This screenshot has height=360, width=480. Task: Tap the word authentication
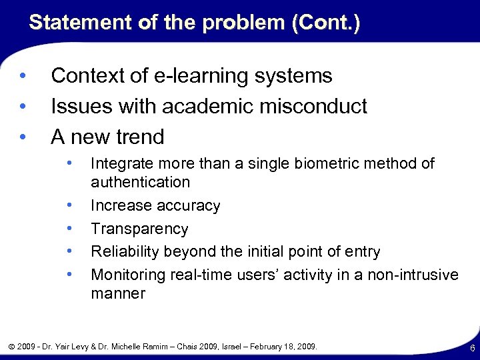tap(140, 182)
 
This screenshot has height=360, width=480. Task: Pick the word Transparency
tap(139, 229)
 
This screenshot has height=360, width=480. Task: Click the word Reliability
tap(127, 252)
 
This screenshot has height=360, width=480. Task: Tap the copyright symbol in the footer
tap(12, 347)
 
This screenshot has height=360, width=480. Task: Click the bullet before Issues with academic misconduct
tap(23, 106)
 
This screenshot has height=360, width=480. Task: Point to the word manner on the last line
tap(117, 293)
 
